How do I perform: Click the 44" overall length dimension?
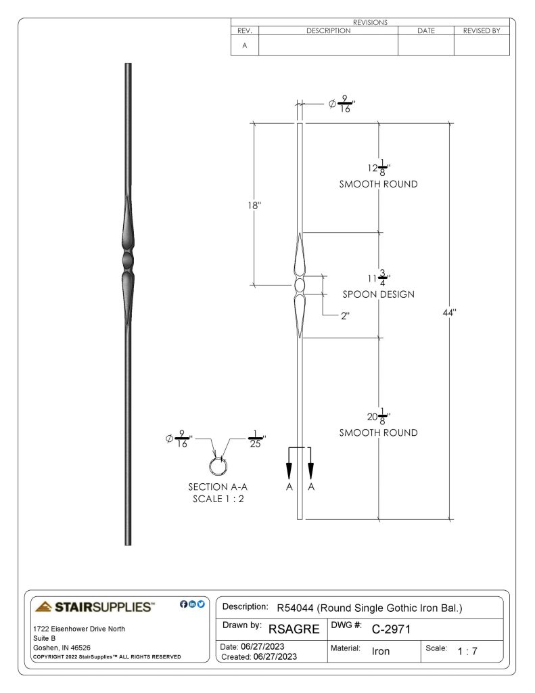449,313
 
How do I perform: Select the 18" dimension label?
254,206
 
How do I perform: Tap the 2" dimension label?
345,315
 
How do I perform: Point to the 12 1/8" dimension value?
379,168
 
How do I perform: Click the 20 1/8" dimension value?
379,416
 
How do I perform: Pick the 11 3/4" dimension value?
379,278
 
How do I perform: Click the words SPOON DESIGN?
379,294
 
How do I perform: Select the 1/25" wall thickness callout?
256,439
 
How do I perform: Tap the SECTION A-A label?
218,487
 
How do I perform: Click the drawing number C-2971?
391,629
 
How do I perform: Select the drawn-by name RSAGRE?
294,629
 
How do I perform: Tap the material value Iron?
380,651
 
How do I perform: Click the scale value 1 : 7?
467,651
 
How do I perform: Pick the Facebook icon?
184,604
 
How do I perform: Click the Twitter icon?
201,604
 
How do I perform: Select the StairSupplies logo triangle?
44,606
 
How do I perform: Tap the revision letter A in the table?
244,45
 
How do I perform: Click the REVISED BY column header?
482,30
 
